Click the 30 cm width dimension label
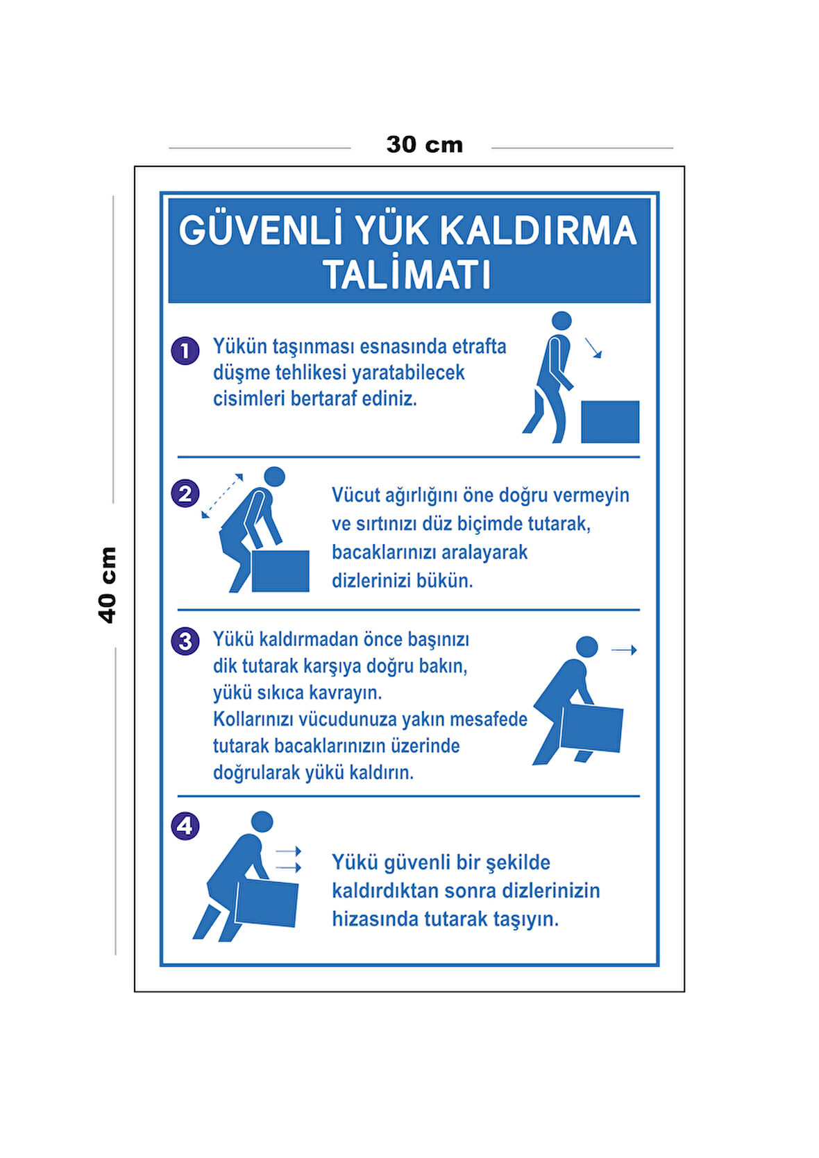424,145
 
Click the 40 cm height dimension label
108,584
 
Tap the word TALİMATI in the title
407,275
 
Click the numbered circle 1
185,350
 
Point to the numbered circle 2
185,493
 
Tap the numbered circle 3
185,640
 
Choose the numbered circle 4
185,826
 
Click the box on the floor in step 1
609,421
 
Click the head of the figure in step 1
561,321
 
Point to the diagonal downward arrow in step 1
593,348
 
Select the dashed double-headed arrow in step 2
222,496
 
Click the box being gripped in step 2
280,571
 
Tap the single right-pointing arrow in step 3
623,650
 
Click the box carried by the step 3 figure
591,728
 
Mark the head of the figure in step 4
262,821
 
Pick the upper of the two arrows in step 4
288,851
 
